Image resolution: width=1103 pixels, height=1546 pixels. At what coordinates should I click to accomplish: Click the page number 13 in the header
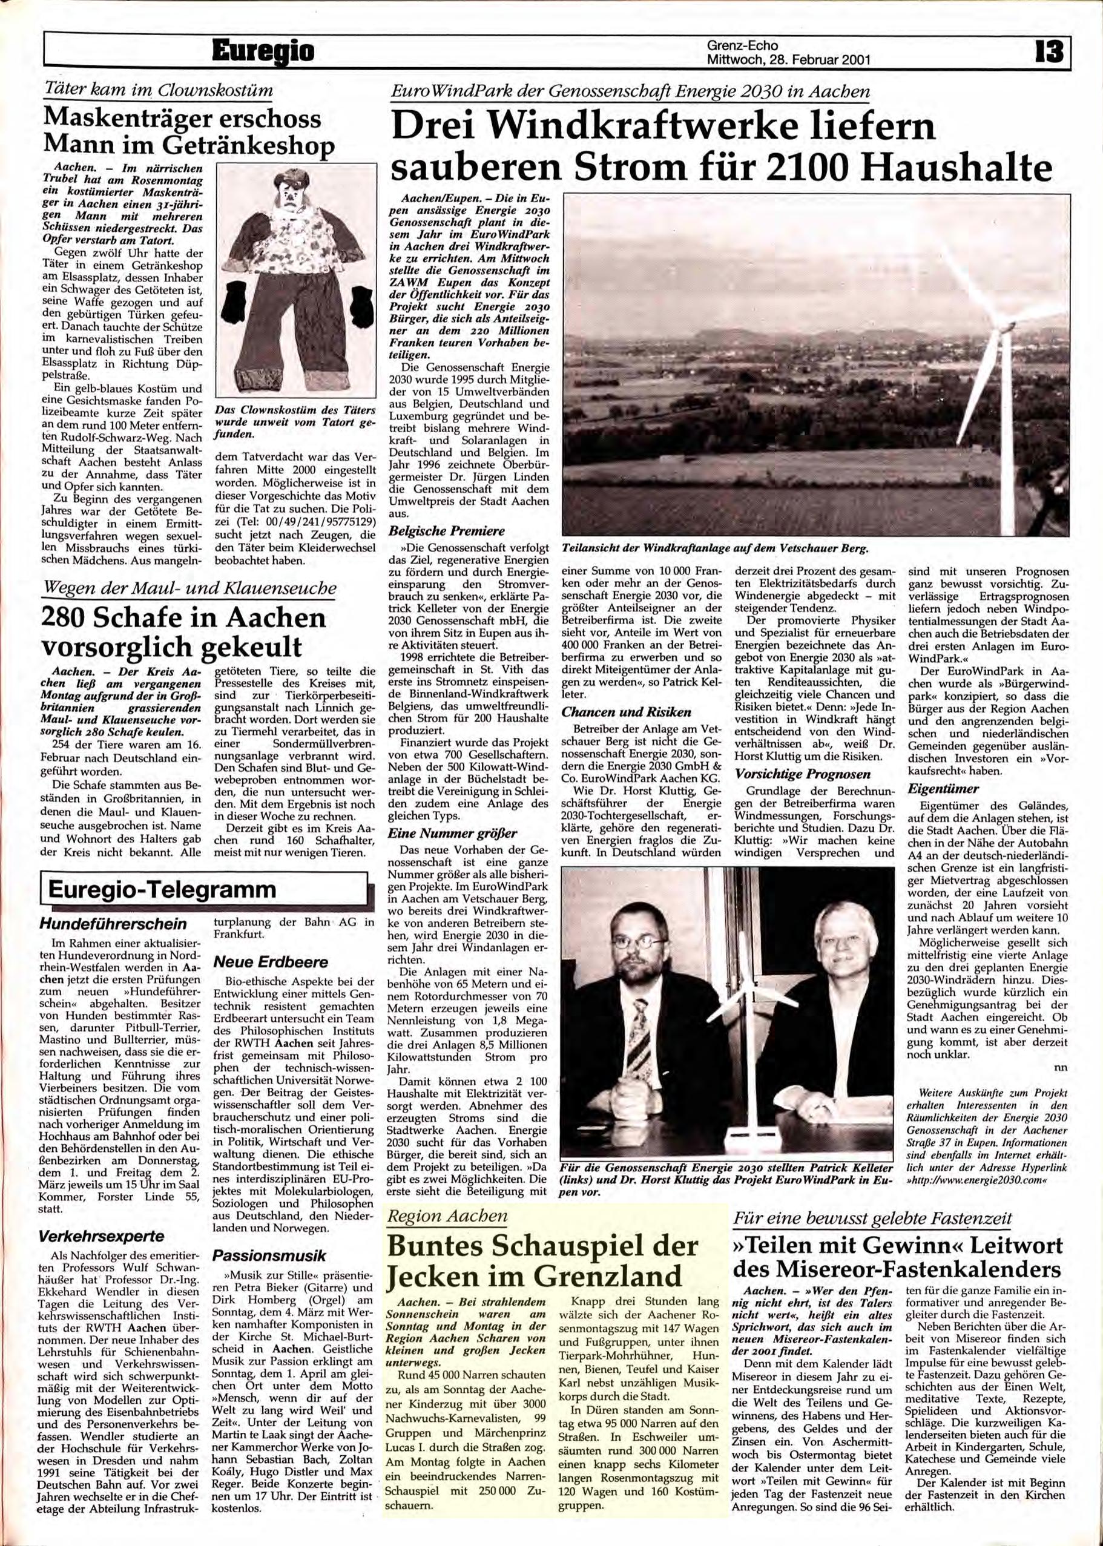pos(1049,51)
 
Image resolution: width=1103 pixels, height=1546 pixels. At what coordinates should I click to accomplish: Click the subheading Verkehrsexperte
pos(106,1237)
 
